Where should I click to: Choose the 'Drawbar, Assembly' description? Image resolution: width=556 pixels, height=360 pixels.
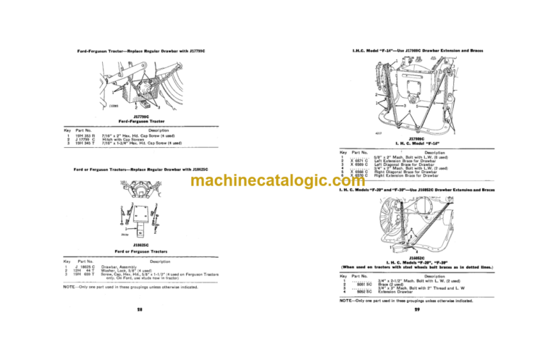pyautogui.click(x=125, y=267)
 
